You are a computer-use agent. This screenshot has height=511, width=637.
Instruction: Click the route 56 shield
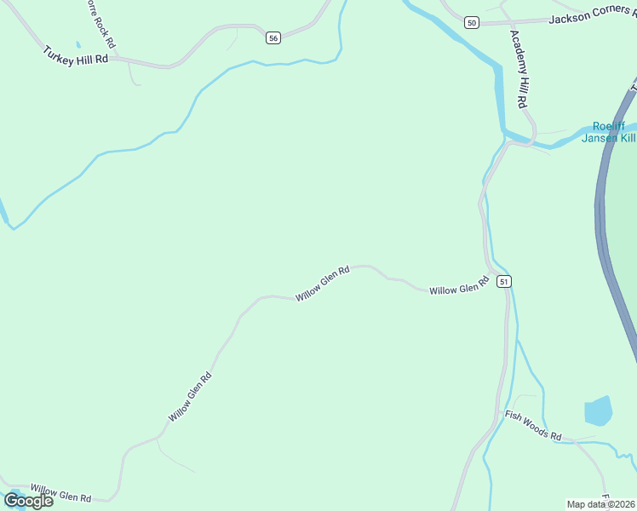point(273,38)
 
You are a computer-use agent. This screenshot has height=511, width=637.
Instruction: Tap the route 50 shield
point(472,22)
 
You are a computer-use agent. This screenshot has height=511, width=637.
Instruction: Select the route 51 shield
point(504,281)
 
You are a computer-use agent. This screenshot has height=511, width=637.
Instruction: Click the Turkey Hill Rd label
point(76,55)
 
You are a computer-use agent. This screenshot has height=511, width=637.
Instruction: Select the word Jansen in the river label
point(600,138)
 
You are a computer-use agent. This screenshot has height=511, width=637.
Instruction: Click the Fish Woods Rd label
point(533,426)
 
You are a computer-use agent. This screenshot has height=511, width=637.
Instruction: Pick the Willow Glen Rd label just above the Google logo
point(60,493)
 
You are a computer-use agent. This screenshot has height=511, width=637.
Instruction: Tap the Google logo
point(28,501)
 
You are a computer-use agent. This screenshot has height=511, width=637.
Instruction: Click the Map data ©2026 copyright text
point(601,504)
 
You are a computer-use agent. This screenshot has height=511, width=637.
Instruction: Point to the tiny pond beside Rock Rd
point(77,44)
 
